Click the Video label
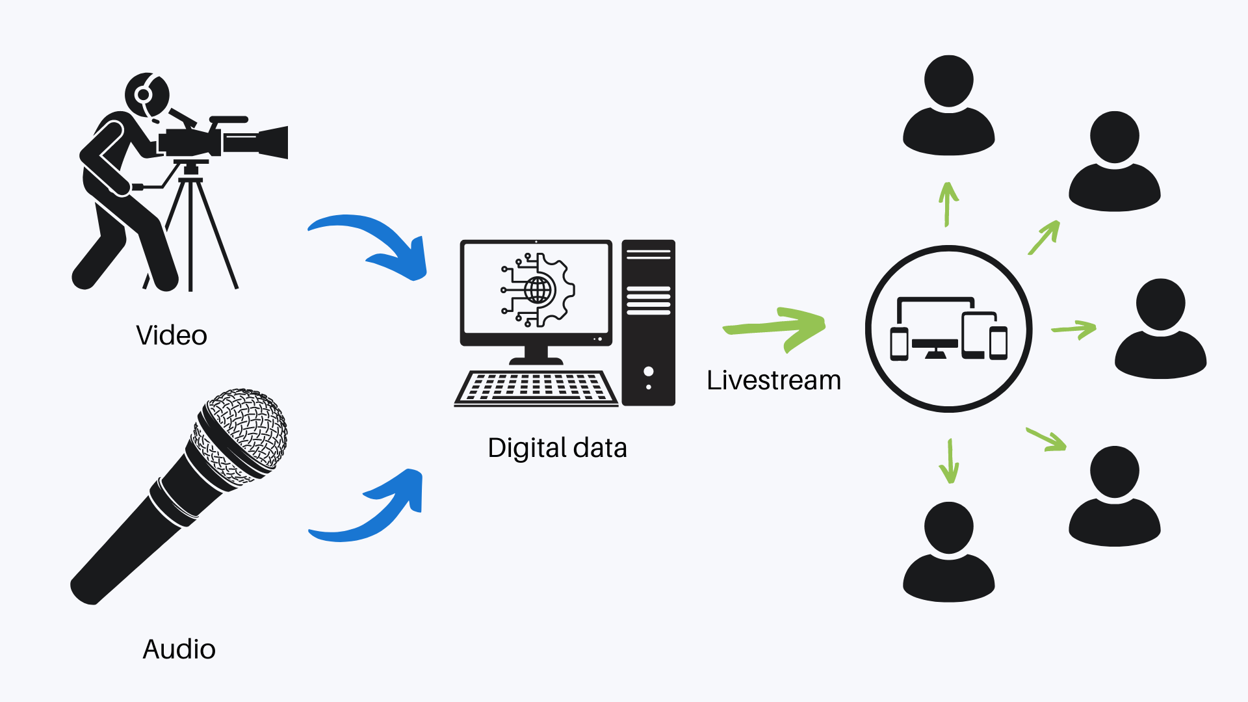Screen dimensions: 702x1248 tap(172, 335)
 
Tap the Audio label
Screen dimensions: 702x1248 tap(179, 649)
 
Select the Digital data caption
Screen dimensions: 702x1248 tap(557, 448)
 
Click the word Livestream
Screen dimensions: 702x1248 tap(773, 380)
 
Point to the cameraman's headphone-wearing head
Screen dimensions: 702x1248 tap(148, 94)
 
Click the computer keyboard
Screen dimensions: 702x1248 tap(536, 387)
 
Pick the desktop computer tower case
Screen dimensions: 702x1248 tap(648, 323)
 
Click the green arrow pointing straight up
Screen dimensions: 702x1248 tap(948, 203)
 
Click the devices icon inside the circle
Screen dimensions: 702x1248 tap(948, 328)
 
